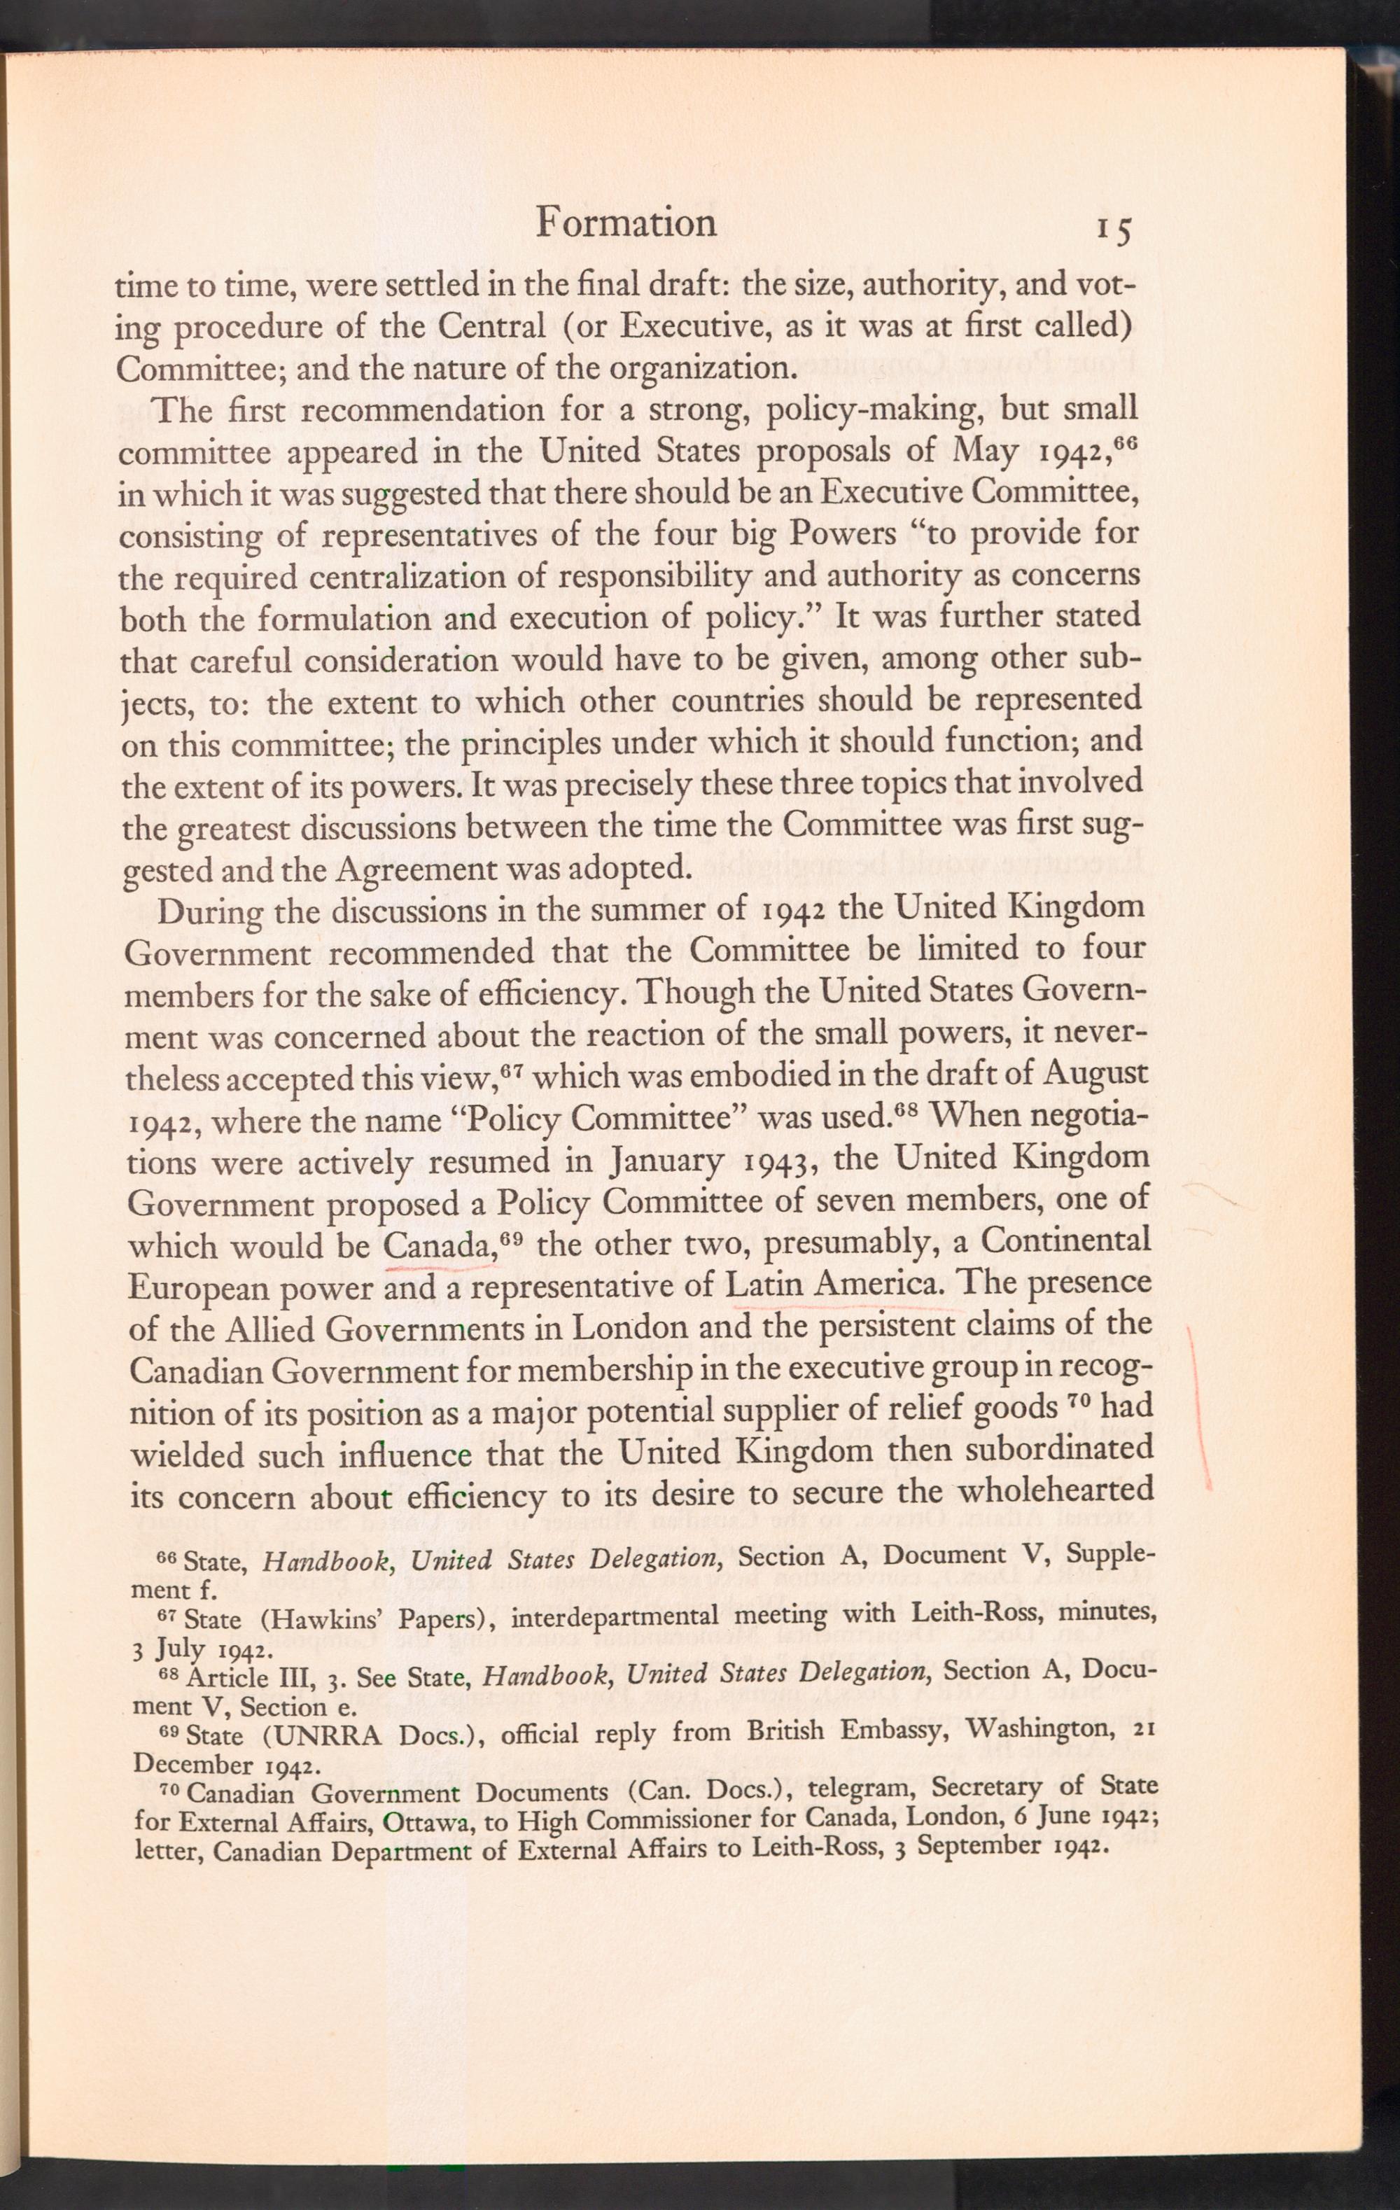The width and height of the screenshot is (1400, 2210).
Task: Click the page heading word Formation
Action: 625,223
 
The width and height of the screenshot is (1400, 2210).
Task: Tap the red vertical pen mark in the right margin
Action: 1199,1404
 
